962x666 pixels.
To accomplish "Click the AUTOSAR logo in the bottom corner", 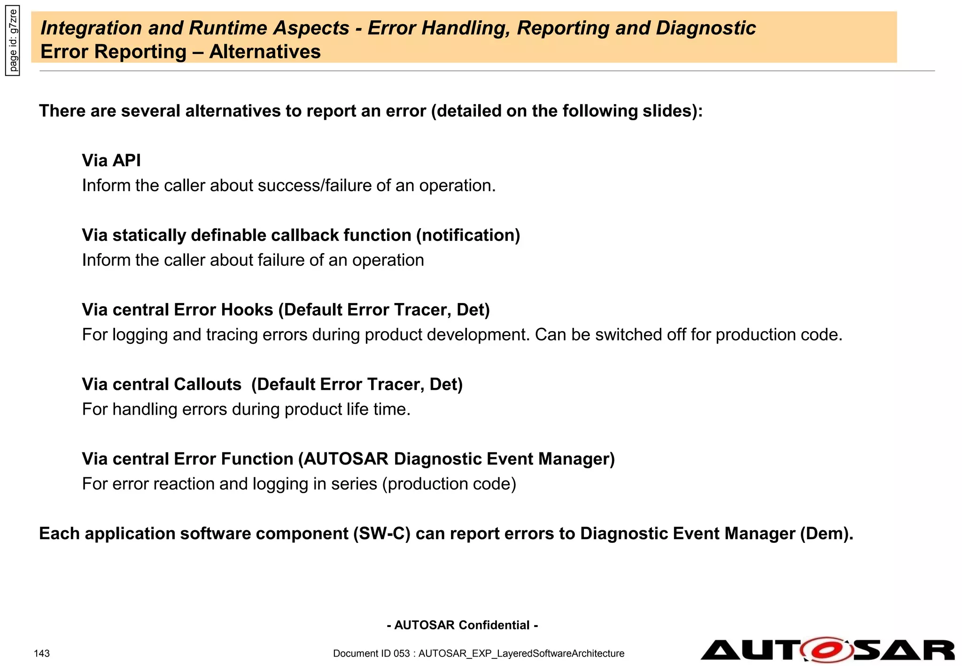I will tap(828, 650).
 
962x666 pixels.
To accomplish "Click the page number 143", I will tap(42, 653).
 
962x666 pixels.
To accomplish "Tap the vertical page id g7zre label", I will tap(13, 40).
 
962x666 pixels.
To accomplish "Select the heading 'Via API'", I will tap(111, 161).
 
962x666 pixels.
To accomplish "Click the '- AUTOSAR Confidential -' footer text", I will tap(462, 625).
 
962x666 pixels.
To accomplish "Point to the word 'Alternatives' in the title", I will tap(265, 52).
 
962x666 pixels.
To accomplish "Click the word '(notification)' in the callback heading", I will tap(468, 235).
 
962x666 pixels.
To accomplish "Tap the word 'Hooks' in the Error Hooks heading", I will tap(247, 310).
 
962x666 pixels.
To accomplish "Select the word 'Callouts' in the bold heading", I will tap(207, 385).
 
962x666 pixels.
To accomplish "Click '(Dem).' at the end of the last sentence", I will tap(827, 534).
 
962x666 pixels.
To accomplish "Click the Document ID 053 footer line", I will tap(479, 653).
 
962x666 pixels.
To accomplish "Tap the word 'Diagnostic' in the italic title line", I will tap(706, 28).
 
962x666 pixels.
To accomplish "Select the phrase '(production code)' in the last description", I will tap(449, 484).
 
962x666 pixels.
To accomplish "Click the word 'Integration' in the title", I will tap(91, 28).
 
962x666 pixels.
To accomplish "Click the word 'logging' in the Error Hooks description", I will tap(140, 335).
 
